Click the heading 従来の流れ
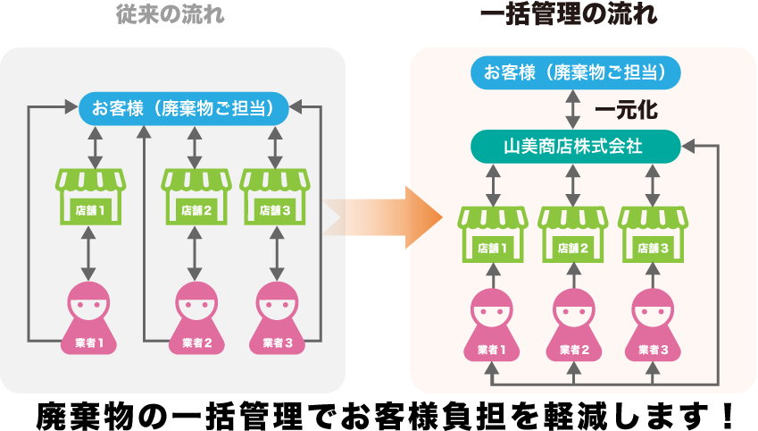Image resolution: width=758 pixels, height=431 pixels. [171, 16]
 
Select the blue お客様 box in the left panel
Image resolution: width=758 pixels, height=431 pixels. [184, 109]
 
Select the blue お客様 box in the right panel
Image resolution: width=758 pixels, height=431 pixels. [576, 72]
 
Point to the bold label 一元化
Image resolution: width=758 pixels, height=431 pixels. [626, 110]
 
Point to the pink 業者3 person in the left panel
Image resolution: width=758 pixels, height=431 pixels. [275, 317]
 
